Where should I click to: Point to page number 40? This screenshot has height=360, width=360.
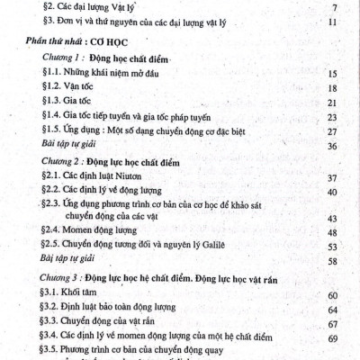(332, 192)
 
